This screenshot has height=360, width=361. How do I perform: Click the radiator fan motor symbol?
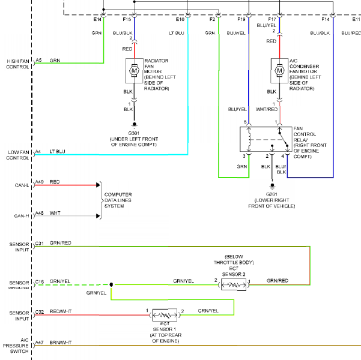coord(134,71)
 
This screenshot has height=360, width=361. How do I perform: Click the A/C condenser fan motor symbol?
coord(279,71)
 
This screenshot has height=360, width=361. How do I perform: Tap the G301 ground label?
coord(133,133)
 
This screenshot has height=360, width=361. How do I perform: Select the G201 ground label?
coord(272,194)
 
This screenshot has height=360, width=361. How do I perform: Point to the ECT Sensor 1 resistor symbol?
coord(165,315)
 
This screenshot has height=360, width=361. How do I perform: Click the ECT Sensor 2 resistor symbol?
coord(234,285)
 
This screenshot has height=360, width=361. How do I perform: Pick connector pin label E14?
coord(97,20)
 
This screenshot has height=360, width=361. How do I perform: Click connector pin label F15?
coord(127,20)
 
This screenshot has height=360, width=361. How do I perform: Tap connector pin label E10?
coord(180,20)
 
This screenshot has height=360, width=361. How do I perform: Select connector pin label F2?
coord(212,20)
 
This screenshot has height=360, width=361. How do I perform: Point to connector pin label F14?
coord(326,20)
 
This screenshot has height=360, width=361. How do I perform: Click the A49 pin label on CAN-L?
coord(40,182)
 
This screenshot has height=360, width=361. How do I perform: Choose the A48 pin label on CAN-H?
coord(40,213)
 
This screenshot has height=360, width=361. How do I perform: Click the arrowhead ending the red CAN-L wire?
coord(98,185)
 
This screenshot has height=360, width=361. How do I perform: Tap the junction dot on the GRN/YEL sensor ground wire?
coord(111,285)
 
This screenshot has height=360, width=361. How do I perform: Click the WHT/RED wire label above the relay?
coord(267,109)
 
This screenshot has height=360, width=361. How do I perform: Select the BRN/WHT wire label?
coord(61,343)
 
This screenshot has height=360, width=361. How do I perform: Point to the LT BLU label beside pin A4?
coord(57,152)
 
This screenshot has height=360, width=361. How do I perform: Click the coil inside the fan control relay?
coord(249,139)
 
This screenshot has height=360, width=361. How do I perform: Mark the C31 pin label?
coord(40,244)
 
